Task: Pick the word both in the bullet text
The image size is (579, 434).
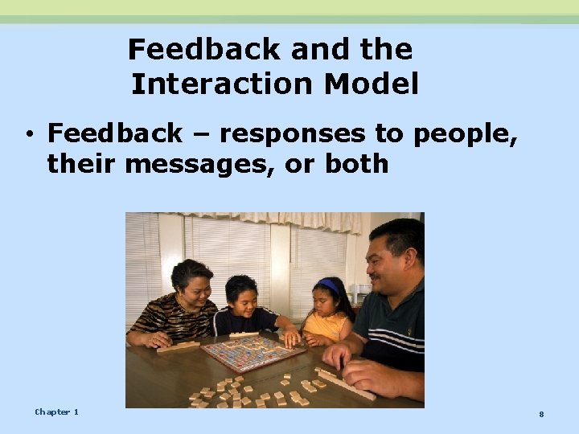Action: pyautogui.click(x=356, y=164)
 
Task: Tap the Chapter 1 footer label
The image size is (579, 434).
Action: pyautogui.click(x=56, y=411)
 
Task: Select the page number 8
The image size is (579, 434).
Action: pyautogui.click(x=541, y=414)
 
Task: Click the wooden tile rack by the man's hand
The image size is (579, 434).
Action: pyautogui.click(x=346, y=384)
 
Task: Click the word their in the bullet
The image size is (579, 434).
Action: pyautogui.click(x=81, y=164)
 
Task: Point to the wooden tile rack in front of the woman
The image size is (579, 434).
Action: pyautogui.click(x=179, y=346)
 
